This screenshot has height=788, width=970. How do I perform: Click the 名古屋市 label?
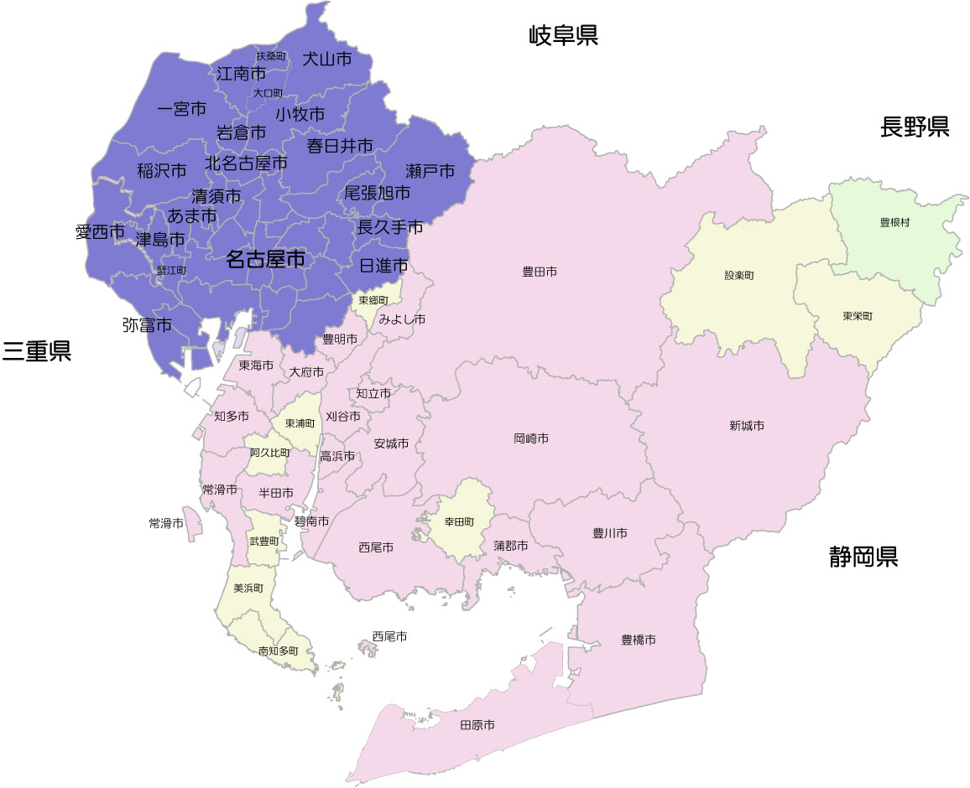click(265, 260)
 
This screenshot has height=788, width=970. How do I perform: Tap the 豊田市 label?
click(540, 272)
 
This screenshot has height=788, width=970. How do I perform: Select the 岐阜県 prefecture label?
click(563, 35)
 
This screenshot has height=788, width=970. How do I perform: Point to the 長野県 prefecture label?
click(915, 127)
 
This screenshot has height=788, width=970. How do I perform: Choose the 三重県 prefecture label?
click(36, 351)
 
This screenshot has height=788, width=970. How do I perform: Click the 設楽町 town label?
click(739, 276)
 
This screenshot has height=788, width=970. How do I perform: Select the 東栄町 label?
click(858, 317)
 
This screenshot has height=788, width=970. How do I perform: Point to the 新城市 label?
click(747, 426)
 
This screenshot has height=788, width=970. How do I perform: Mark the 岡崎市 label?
click(531, 438)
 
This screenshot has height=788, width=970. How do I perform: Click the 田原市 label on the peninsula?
click(477, 725)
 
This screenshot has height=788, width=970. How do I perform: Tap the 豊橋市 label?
click(639, 640)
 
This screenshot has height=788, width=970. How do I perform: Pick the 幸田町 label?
click(462, 521)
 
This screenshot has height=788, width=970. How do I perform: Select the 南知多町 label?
click(278, 651)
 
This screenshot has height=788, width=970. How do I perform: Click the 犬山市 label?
click(326, 59)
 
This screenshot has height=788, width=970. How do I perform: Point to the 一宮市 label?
click(182, 109)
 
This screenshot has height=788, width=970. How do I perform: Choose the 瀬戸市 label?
click(430, 171)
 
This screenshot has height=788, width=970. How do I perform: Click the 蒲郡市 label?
click(511, 546)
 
